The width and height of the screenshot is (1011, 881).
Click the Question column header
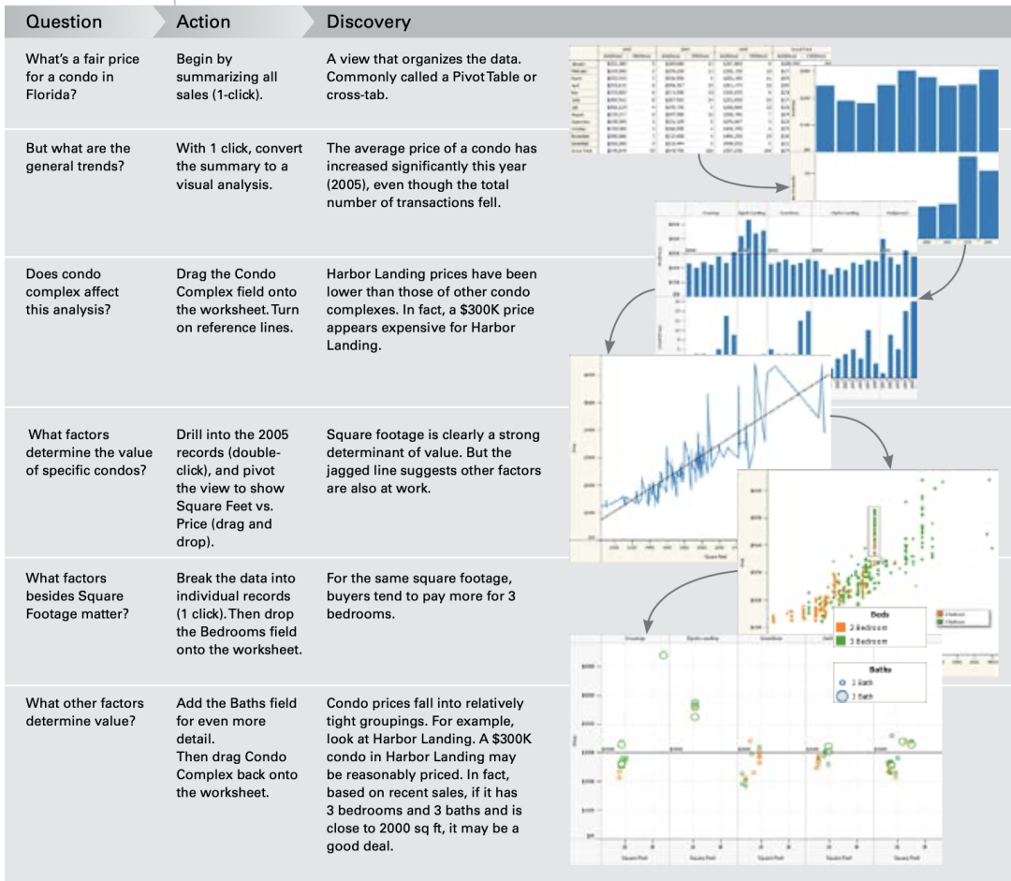(x=64, y=22)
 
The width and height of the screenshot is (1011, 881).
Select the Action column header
(x=203, y=22)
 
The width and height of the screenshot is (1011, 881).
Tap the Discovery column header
(x=368, y=22)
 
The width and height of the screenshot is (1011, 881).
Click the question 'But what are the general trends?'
(x=78, y=157)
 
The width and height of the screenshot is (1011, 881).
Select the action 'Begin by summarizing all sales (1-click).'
(x=227, y=77)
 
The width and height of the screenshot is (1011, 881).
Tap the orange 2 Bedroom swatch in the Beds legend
(x=842, y=626)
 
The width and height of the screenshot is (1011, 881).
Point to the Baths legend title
(x=880, y=669)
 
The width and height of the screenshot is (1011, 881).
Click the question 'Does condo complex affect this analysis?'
(x=72, y=291)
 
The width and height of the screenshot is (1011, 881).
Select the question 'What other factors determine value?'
(x=84, y=712)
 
